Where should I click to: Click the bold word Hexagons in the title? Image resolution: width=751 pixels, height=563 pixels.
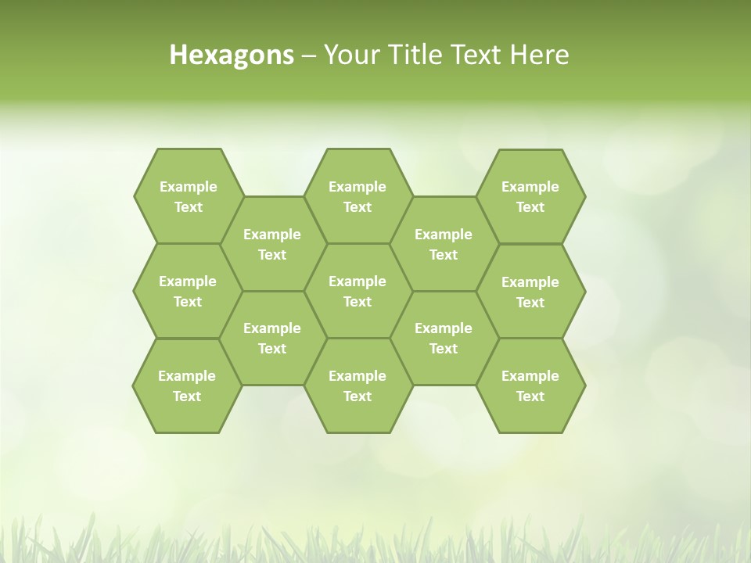point(232,55)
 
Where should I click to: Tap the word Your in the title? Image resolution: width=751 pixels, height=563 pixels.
point(350,55)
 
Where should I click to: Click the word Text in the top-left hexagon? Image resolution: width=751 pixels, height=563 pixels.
point(188,207)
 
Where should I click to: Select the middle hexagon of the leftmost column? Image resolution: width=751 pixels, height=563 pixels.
point(188,291)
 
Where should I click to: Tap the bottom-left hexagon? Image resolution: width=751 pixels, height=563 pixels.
point(187,385)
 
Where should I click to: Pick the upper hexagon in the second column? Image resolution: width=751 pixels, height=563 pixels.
point(272,244)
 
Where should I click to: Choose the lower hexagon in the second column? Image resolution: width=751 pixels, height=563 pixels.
point(272,338)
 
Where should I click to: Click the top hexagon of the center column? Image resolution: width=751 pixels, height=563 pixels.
point(358,196)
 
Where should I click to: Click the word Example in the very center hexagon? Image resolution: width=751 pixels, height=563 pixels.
point(358,281)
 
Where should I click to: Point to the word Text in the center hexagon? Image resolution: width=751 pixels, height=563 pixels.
point(358,302)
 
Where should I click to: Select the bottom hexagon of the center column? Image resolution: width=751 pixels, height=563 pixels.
point(358,385)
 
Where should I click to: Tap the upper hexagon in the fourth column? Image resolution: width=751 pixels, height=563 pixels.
point(444,244)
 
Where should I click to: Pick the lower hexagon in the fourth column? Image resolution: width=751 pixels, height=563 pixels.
point(444,338)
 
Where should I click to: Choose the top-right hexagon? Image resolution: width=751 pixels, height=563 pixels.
point(530,196)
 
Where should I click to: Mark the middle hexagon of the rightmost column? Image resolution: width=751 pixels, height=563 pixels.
point(530,292)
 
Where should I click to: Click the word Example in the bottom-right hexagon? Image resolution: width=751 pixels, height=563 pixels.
point(530,376)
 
